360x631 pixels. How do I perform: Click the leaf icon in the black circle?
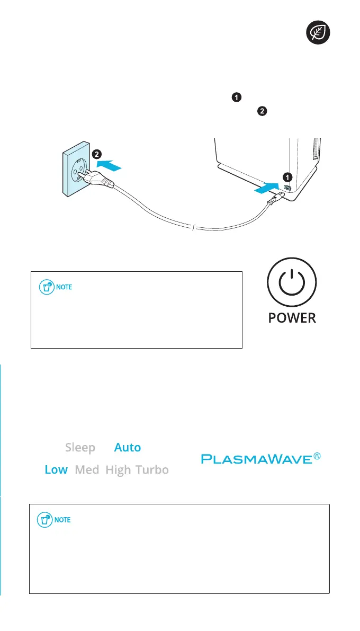[x=320, y=33]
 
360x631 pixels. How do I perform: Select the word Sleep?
[x=80, y=448]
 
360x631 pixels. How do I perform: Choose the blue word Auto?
[x=128, y=448]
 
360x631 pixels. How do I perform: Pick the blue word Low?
[x=56, y=470]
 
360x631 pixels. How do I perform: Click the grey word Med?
[x=87, y=470]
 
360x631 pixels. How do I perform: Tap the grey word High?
[x=118, y=470]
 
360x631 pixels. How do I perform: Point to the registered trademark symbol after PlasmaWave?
[x=317, y=455]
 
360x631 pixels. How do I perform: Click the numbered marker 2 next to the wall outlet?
[x=96, y=155]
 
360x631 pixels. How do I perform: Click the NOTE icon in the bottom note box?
[x=46, y=520]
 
